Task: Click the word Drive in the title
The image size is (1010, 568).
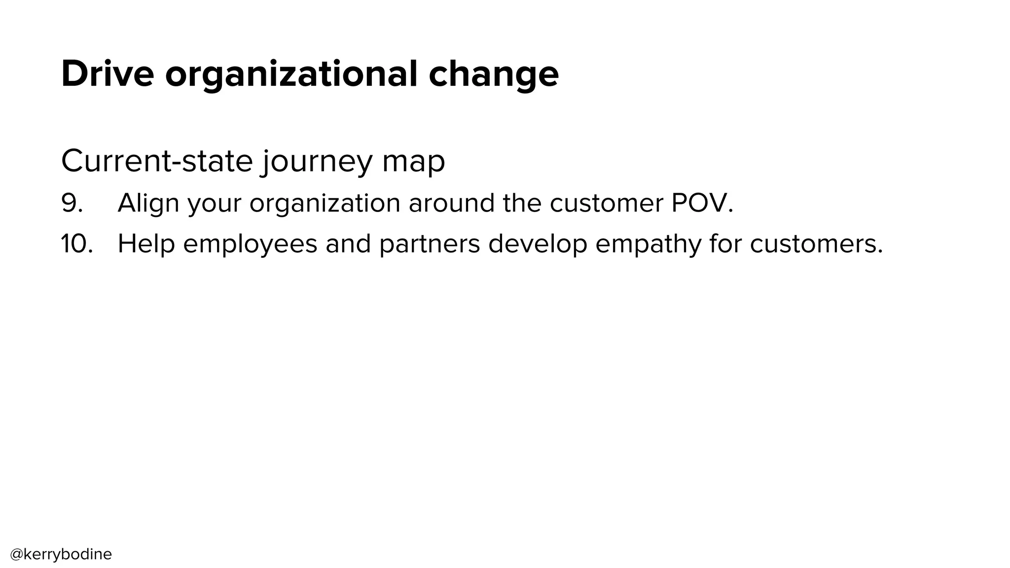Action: [108, 74]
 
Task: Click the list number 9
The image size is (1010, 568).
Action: [72, 203]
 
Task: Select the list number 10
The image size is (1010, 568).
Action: [76, 244]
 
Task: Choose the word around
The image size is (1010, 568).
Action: [451, 203]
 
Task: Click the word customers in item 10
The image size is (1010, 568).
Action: [816, 244]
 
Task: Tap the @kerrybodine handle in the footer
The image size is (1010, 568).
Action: [61, 554]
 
